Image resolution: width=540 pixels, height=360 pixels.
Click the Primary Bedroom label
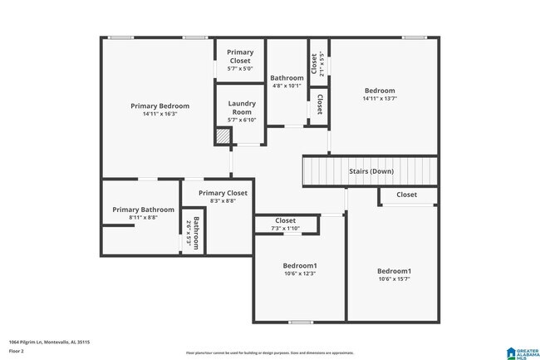[x=160, y=106]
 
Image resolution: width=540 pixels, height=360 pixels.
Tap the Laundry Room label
[x=242, y=107]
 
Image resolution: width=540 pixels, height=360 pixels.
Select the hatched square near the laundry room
[x=223, y=136]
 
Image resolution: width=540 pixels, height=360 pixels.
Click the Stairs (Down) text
[x=371, y=172]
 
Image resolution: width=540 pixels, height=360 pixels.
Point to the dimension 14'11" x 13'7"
[x=379, y=99]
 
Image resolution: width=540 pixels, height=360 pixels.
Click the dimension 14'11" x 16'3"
[x=160, y=114]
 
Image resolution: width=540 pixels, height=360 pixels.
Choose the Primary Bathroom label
[x=143, y=210]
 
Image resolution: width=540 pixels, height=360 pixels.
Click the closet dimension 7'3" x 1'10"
[x=285, y=229]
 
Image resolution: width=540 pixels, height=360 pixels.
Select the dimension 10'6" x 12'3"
[x=300, y=274]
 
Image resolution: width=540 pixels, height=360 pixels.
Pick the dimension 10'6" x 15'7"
[x=394, y=279]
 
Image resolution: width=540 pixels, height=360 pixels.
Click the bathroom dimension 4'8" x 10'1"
[x=287, y=86]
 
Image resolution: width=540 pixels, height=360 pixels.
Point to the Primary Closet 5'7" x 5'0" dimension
[x=240, y=68]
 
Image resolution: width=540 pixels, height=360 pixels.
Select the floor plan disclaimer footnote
[x=269, y=353]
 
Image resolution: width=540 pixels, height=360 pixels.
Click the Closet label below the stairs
[x=406, y=195]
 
